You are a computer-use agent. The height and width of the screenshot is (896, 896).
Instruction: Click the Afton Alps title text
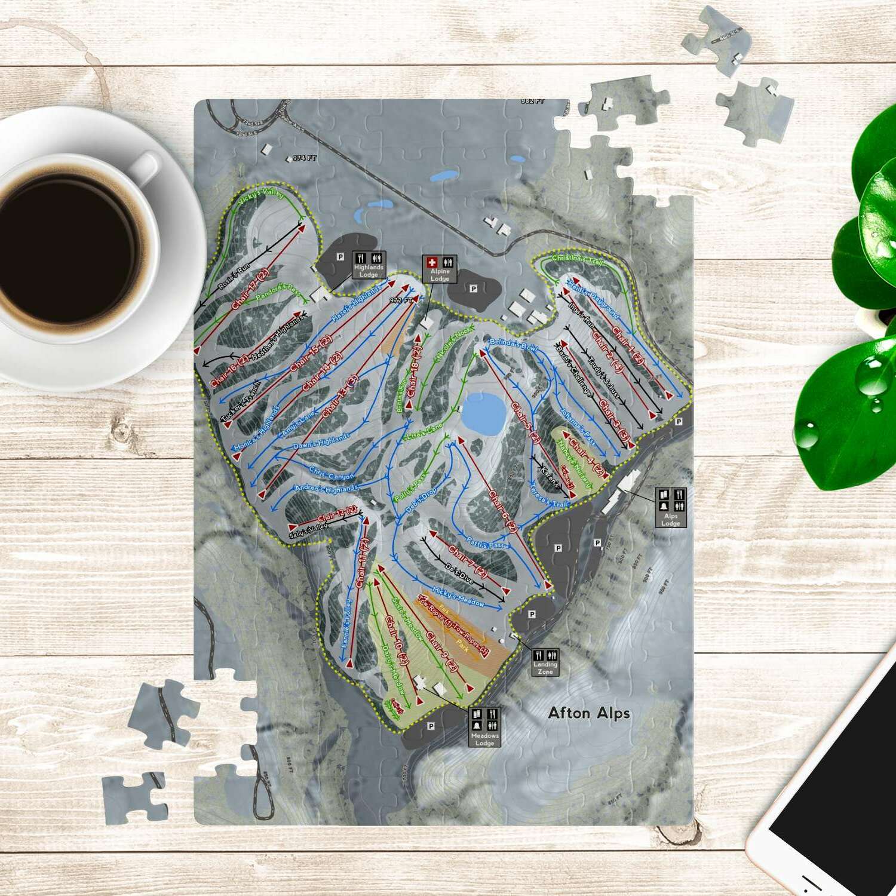point(589,713)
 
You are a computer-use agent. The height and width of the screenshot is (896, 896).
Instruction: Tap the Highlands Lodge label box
point(369,265)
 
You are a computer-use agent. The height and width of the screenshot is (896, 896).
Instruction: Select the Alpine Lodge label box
point(440,269)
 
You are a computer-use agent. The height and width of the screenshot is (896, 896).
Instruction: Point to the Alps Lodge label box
point(671,508)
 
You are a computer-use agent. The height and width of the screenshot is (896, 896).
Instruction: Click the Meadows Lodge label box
point(484,727)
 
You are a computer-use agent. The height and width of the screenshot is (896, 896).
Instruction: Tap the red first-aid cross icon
point(432,262)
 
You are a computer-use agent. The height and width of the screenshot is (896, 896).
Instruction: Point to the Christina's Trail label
point(578,259)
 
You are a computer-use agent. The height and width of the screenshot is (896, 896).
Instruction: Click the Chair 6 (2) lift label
point(503,511)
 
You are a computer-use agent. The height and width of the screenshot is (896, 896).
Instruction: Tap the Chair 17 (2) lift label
point(250,289)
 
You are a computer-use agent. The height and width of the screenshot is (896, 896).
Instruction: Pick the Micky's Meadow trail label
point(458,596)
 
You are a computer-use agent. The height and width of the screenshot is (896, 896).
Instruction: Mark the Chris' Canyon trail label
point(332,474)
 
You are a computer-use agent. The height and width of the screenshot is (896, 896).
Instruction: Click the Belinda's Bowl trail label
point(513,345)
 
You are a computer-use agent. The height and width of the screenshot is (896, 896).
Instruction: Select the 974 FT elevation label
point(304,158)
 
